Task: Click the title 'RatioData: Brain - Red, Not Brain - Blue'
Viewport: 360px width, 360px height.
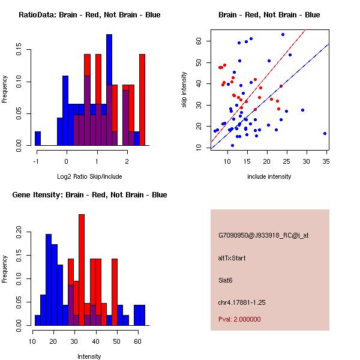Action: [x=89, y=15]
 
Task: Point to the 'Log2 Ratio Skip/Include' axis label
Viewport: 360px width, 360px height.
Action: [x=89, y=176]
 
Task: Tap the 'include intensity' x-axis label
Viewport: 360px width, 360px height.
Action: [x=269, y=176]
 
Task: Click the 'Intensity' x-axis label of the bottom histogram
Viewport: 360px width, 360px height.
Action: [x=89, y=356]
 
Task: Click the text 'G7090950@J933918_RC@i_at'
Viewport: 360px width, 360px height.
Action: [x=263, y=236]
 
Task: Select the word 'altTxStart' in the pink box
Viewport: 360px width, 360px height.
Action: [x=232, y=258]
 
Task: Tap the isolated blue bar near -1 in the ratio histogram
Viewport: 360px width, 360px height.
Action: [x=38, y=138]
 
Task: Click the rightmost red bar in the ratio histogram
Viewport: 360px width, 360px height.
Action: [x=142, y=99]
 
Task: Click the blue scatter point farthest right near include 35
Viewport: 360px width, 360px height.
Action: [x=325, y=133]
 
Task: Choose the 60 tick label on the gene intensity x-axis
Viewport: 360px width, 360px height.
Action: [x=137, y=341]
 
